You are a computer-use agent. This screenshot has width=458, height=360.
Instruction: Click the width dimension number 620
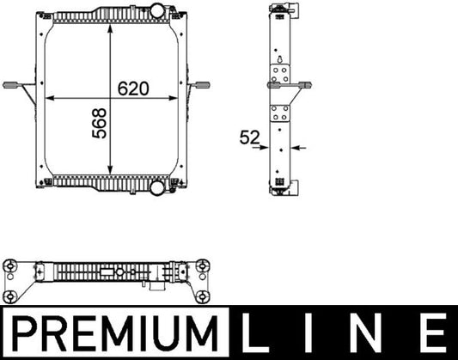[x=133, y=88]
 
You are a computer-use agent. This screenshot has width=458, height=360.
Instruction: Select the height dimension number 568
[x=100, y=125]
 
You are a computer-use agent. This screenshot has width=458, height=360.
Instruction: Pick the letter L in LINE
[x=261, y=331]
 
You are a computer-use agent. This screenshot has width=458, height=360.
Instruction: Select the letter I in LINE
[x=313, y=331]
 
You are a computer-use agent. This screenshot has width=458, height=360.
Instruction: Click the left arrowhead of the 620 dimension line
[x=49, y=99]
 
